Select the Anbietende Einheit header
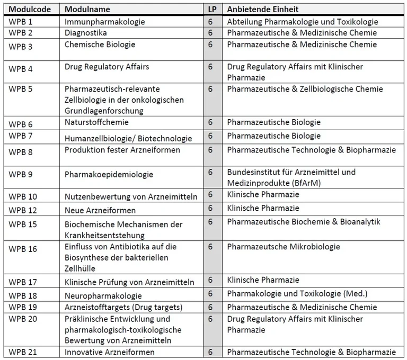[x=263, y=10]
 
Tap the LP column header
[x=211, y=10]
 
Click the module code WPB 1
[x=21, y=22]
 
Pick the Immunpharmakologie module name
[x=104, y=22]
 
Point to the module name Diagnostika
[x=86, y=33]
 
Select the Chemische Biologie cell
[x=100, y=44]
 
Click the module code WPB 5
[x=21, y=88]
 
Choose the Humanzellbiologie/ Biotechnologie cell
[x=128, y=139]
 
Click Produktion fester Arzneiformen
[x=122, y=150]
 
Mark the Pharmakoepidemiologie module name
[x=109, y=174]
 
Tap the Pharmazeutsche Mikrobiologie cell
[x=284, y=247]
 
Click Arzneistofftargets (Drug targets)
[x=123, y=308]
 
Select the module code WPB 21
[x=23, y=352]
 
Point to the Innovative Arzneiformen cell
[x=110, y=352]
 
